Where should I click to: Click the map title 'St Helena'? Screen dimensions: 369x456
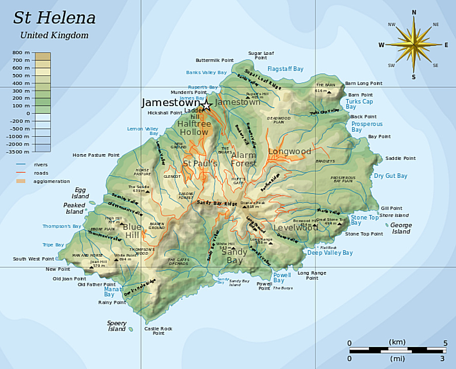pyautogui.click(x=54, y=18)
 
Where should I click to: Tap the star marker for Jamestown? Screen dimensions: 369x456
pyautogui.click(x=206, y=106)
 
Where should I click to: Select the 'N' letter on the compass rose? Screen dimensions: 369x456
pyautogui.click(x=414, y=12)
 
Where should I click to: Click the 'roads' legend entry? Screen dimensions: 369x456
pyautogui.click(x=41, y=173)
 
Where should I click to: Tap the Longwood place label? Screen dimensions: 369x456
pyautogui.click(x=289, y=152)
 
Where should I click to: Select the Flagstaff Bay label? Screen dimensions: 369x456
pyautogui.click(x=285, y=69)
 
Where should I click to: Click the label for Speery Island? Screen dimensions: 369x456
pyautogui.click(x=116, y=326)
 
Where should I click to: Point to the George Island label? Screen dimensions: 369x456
pyautogui.click(x=401, y=228)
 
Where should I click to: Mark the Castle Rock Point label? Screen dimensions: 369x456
pyautogui.click(x=158, y=331)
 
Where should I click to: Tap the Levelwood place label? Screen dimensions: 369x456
pyautogui.click(x=295, y=228)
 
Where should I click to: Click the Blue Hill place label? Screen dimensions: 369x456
pyautogui.click(x=132, y=231)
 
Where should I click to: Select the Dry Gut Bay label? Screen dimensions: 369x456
pyautogui.click(x=390, y=176)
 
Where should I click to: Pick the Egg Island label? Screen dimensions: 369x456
pyautogui.click(x=80, y=193)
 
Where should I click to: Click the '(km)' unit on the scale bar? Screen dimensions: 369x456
pyautogui.click(x=397, y=342)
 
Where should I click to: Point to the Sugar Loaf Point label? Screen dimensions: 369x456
pyautogui.click(x=261, y=55)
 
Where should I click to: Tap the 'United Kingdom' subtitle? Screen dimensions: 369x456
pyautogui.click(x=54, y=35)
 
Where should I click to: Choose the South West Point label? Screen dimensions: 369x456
pyautogui.click(x=33, y=259)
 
